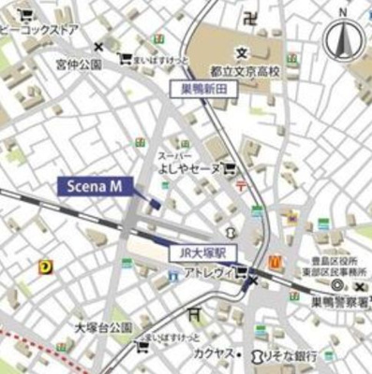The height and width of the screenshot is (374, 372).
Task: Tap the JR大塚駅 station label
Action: [205, 252]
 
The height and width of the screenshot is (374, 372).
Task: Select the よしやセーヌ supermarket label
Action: [191, 168]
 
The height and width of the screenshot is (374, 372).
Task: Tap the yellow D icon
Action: [44, 266]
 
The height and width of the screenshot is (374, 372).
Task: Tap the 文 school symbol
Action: [242, 52]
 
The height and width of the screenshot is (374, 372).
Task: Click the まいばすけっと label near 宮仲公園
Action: [159, 58]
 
